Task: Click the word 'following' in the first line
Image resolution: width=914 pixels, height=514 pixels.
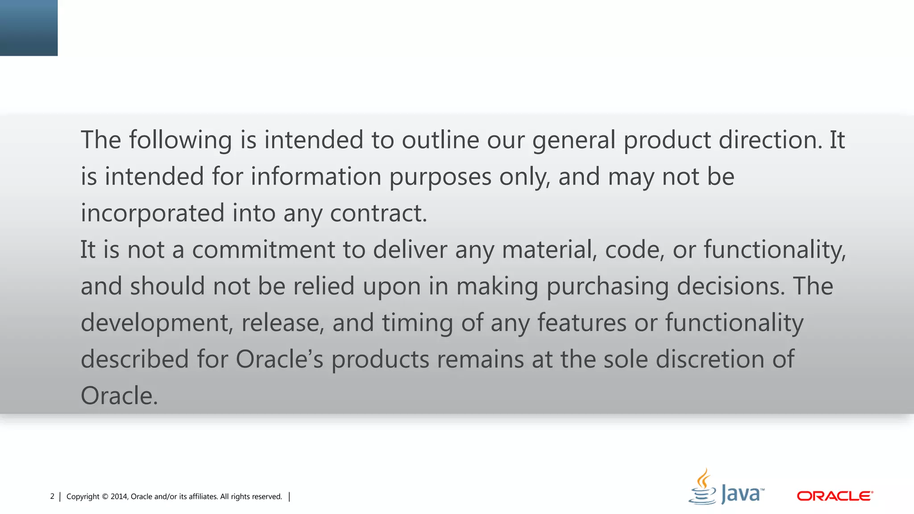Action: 180,140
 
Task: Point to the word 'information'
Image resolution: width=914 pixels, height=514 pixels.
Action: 316,177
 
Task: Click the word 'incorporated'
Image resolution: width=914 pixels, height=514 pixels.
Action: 152,213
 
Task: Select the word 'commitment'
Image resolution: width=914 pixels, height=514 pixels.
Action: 263,249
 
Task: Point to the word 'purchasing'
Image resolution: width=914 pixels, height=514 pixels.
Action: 607,286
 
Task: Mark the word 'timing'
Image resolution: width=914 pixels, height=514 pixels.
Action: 417,323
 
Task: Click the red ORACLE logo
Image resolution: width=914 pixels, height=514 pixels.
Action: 835,496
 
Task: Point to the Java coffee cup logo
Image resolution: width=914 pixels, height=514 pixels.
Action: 702,487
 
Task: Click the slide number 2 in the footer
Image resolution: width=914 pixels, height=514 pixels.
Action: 52,497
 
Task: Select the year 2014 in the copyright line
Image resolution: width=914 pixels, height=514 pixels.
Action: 119,497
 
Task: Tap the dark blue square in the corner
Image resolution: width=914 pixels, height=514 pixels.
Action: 29,28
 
